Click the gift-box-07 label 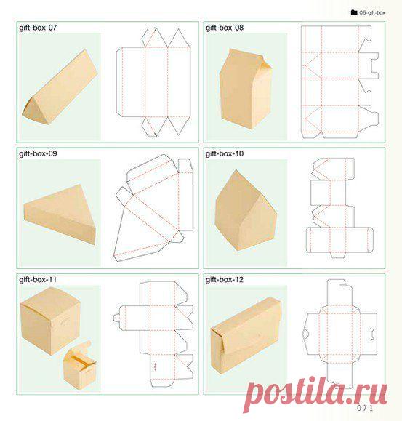click(x=38, y=28)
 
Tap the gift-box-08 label click(x=225, y=28)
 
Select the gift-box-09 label click(x=38, y=153)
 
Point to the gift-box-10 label click(x=225, y=153)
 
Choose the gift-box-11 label click(x=38, y=280)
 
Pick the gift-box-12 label click(x=225, y=280)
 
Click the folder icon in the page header click(x=354, y=12)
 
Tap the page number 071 click(x=365, y=408)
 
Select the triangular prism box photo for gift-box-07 click(x=60, y=87)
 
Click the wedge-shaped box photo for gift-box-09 click(x=60, y=214)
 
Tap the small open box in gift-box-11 click(x=80, y=366)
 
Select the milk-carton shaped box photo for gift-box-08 click(x=246, y=89)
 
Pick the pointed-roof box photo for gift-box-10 click(x=246, y=211)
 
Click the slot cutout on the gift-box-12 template click(x=372, y=334)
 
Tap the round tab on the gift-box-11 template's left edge click(x=116, y=318)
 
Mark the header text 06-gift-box click(x=372, y=12)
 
